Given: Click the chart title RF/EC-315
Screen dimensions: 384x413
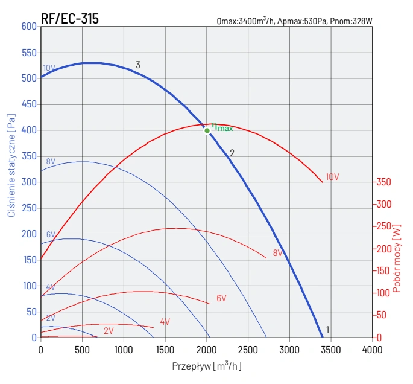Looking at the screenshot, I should point(69,19).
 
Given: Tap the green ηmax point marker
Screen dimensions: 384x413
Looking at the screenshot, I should point(207,130).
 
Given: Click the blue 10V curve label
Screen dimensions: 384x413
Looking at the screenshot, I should point(49,68).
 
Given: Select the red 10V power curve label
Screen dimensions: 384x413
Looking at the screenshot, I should point(332,178).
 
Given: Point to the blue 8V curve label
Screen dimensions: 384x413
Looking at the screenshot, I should point(51,162).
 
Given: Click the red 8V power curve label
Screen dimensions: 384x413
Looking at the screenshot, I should point(278,253).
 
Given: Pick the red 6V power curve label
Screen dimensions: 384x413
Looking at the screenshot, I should point(221,298).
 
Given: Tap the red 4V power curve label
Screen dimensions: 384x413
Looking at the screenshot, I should point(165,322).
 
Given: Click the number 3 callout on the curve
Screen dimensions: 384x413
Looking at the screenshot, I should point(138,65).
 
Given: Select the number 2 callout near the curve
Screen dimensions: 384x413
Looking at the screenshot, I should point(232,153).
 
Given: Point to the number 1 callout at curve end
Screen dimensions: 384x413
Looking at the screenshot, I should point(327,330).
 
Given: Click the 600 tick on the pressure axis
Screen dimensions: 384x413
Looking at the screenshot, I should point(29,27).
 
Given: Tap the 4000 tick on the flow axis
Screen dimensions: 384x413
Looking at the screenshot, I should point(373,349).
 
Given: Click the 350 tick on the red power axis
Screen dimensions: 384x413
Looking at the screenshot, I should point(384,182).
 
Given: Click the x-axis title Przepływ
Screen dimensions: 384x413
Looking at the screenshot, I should point(207,366).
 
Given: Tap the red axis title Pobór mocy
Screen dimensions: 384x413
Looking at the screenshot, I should point(397,258).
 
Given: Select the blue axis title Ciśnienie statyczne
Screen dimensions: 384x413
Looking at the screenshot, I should point(11,164).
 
